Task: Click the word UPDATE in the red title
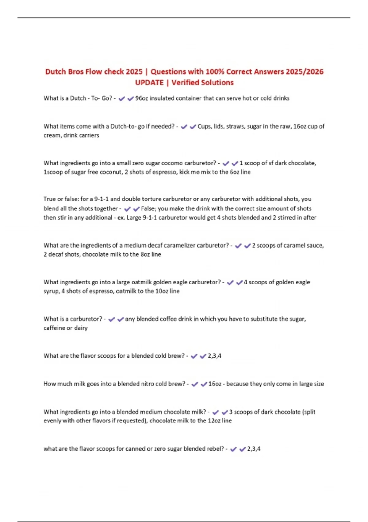click(149, 83)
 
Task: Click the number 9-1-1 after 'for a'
click(101, 199)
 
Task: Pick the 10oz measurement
click(162, 291)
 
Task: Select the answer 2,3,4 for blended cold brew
click(214, 356)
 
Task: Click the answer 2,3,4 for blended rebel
click(254, 449)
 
